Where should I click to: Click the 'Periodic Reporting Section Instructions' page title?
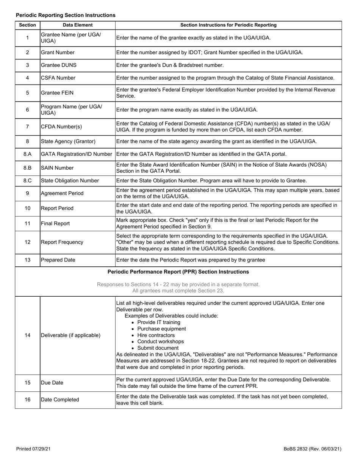66,15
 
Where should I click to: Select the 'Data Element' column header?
77,25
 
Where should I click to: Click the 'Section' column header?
27,25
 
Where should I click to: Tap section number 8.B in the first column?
27,168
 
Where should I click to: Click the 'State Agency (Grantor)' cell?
68,141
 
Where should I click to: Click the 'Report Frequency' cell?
62,242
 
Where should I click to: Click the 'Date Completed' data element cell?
60,400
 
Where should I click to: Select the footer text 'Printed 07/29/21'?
33,449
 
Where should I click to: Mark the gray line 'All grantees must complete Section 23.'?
178,291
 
